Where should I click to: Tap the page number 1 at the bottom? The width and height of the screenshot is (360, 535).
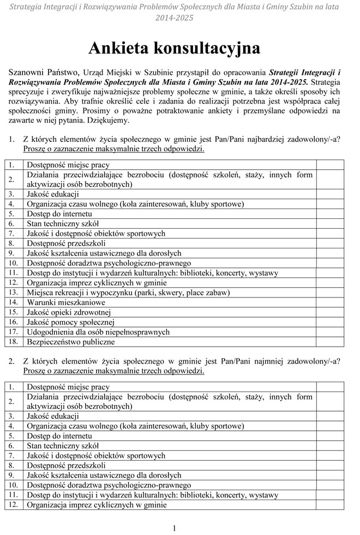tap(174, 528)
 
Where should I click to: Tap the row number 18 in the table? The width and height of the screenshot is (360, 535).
tap(13, 342)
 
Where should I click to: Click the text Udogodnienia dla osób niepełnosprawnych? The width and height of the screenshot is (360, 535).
tap(98, 332)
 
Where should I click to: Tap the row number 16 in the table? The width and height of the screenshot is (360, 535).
tap(13, 322)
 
